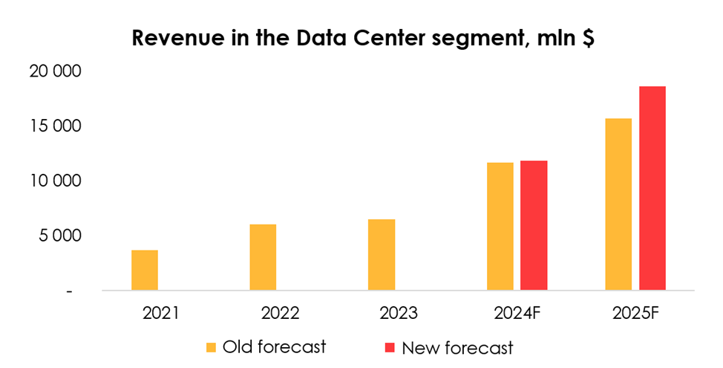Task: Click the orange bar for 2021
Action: coord(145,270)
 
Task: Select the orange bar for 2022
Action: coord(263,257)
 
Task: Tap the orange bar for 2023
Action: coord(382,254)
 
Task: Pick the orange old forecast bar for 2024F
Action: coord(500,226)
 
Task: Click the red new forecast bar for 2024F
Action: coord(534,225)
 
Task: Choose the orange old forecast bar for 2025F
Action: coord(618,204)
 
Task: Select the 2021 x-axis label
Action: coord(161,313)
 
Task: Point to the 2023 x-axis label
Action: coord(398,313)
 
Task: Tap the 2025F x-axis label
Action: coord(635,313)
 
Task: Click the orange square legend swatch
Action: coord(212,346)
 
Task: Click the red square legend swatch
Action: coord(390,346)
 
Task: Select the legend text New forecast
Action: coord(457,347)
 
